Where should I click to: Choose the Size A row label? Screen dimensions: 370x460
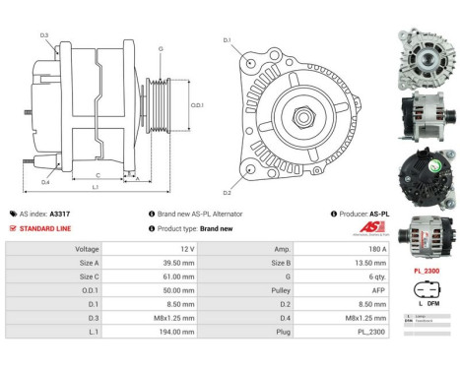(x=89, y=263)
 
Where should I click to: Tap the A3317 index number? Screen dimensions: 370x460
(x=60, y=214)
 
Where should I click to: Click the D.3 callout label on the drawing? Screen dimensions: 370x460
(x=45, y=35)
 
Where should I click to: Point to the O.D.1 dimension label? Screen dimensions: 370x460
(x=196, y=105)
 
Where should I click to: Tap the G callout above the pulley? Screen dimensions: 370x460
(x=161, y=47)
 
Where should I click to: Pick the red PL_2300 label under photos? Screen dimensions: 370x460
(x=427, y=270)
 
